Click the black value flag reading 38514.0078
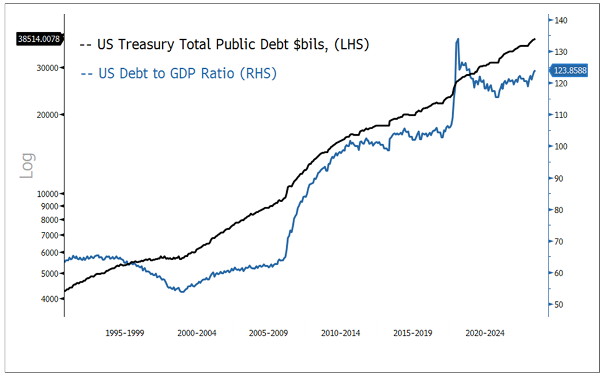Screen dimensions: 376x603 [x=39, y=40]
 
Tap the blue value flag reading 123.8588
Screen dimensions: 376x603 [x=568, y=70]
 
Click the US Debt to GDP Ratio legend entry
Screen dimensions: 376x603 [x=178, y=73]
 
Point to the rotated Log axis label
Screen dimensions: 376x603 [x=28, y=166]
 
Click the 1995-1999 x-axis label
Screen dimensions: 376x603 [x=124, y=333]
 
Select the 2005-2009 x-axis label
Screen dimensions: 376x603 [x=268, y=333]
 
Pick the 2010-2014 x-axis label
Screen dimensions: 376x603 [x=341, y=333]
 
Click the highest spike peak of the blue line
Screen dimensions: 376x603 [x=458, y=39]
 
